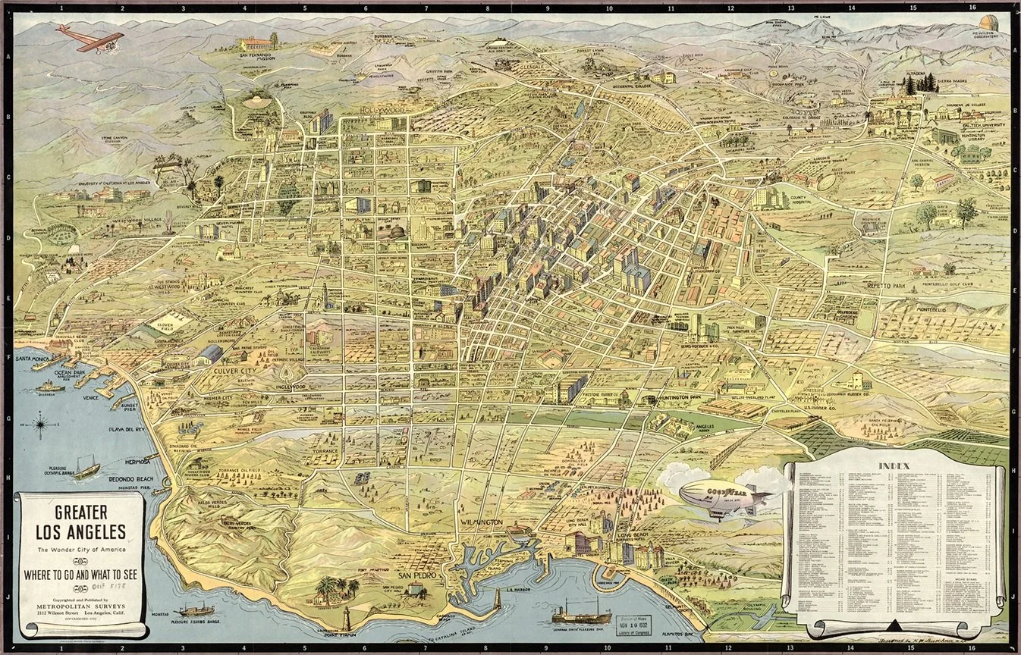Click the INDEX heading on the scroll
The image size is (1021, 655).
896,465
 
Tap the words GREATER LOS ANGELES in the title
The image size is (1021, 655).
79,519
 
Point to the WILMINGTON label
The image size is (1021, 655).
481,524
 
